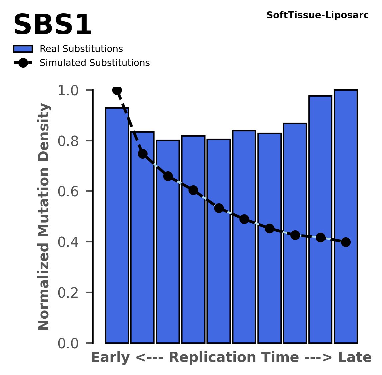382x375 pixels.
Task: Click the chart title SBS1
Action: (52, 25)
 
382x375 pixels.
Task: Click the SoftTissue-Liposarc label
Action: (317, 15)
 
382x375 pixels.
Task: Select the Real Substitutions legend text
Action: (81, 49)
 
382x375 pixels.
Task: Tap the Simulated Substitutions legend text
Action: (95, 63)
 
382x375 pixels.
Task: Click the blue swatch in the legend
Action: (23, 49)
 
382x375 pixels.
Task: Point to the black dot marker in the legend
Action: (23, 63)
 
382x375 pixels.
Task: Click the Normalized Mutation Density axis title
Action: (44, 217)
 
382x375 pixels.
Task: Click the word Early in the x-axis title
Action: (111, 358)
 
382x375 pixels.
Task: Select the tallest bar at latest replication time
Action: (346, 217)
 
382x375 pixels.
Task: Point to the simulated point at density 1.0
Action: (117, 90)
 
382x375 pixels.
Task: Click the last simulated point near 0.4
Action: (346, 242)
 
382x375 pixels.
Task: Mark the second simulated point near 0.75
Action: (143, 154)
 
